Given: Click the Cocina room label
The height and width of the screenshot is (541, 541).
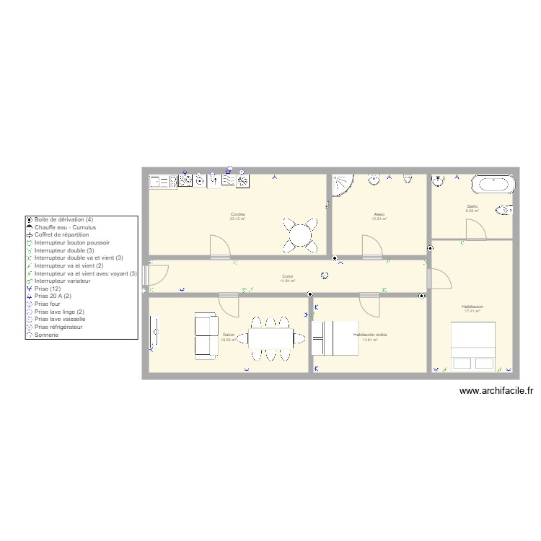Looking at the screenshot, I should point(237,214).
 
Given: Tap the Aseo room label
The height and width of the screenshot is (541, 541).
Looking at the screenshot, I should point(379,214).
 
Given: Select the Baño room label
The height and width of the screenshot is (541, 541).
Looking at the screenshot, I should point(472,207).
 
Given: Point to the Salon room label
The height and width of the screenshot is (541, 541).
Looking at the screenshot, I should point(228,335).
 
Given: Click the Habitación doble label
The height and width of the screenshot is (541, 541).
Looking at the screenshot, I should point(370,335).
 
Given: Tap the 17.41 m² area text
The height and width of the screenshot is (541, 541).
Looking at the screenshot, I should point(472,311).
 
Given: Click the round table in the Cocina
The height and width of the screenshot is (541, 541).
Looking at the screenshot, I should point(299,234).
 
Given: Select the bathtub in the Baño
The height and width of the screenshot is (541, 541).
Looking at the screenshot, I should point(493,184).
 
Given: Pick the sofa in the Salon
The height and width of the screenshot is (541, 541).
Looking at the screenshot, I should point(206,336).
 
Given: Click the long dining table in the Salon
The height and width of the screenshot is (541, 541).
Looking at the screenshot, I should point(271,337).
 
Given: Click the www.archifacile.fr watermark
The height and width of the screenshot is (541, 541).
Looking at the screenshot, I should point(496,391).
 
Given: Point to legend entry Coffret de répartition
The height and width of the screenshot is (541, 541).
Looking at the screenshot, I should point(61,234).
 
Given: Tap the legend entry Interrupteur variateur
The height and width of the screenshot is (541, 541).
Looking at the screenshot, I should point(64,281).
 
